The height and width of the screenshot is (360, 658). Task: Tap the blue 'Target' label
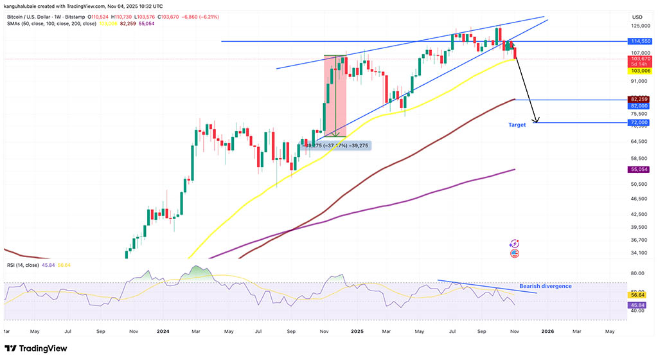click(517, 125)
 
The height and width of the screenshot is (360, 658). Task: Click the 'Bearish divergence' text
click(545, 286)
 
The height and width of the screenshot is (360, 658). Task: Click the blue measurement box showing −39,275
click(335, 145)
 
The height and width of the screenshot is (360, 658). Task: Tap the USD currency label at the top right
click(637, 17)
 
